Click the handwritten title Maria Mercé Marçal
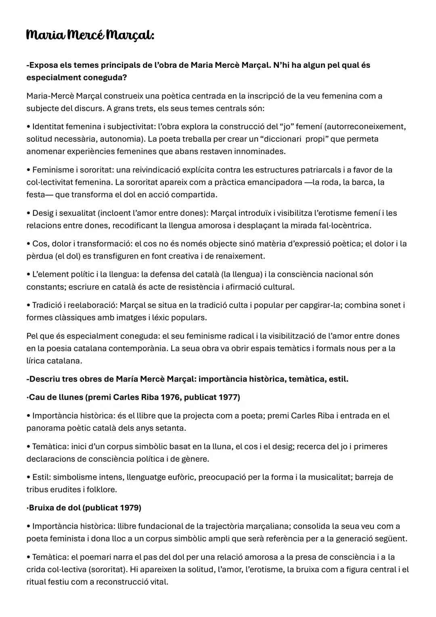[x=90, y=35]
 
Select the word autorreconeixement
[x=365, y=126]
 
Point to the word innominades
[x=260, y=152]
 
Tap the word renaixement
[x=242, y=256]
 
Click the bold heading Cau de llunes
[x=56, y=397]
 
